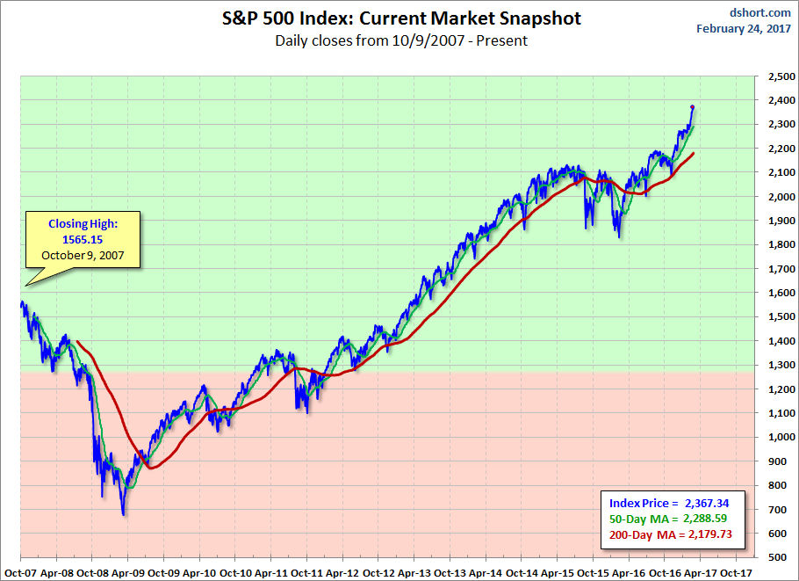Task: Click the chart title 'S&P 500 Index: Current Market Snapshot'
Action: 401,18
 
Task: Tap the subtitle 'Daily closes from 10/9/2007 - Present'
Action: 401,40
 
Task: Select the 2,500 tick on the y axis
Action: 778,77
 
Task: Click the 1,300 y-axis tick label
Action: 778,365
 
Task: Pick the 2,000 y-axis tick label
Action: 778,197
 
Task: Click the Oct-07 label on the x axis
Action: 19,570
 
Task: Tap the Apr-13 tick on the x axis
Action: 414,570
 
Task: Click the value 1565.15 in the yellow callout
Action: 81,239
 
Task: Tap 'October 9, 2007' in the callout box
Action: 81,255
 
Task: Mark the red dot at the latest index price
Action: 693,107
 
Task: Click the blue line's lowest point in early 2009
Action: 124,514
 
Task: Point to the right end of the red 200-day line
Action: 694,154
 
